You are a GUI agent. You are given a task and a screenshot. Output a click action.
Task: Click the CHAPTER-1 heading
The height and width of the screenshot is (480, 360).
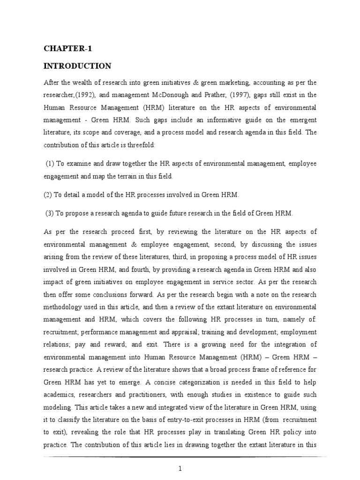[64, 48]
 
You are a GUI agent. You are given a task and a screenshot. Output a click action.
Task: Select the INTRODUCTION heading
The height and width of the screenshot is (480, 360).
[77, 66]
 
